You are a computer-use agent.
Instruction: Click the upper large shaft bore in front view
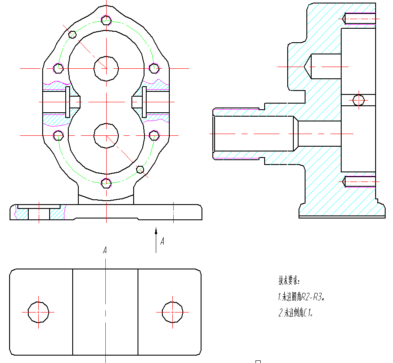[x=106, y=68]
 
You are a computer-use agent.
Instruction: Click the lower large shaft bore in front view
[x=106, y=135]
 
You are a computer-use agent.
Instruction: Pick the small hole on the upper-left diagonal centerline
[x=73, y=34]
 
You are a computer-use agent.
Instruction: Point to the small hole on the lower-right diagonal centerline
[x=140, y=169]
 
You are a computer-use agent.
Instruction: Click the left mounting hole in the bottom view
[x=38, y=312]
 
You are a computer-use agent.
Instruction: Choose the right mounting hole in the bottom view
[x=173, y=312]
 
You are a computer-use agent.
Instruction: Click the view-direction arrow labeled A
[x=156, y=239]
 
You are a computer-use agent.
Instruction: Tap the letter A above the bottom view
[x=105, y=250]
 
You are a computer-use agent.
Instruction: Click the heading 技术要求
[x=289, y=280]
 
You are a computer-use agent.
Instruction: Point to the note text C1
[x=308, y=313]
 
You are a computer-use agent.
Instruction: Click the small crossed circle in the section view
[x=359, y=100]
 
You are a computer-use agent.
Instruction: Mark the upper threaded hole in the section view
[x=359, y=19]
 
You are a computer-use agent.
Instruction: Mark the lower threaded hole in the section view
[x=359, y=181]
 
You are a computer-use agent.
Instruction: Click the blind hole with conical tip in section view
[x=324, y=66]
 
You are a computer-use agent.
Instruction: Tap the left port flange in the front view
[x=68, y=102]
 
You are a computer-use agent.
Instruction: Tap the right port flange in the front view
[x=144, y=102]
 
